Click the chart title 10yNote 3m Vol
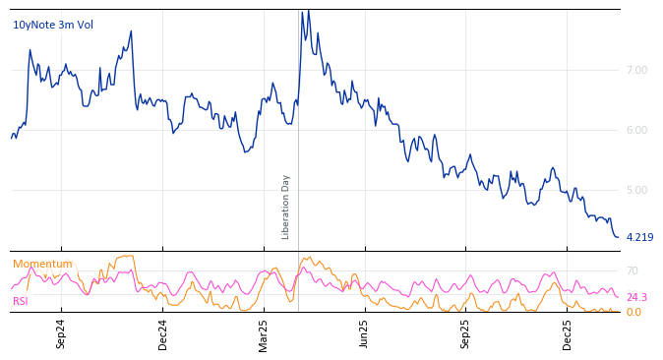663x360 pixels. [53, 25]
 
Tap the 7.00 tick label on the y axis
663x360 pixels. [636, 71]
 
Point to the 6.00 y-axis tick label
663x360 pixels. [636, 131]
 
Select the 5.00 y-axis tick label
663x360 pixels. [636, 190]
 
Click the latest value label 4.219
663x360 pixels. [639, 237]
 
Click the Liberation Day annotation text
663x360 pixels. [286, 207]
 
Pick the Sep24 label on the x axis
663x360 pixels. [61, 333]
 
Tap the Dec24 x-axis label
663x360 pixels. [163, 333]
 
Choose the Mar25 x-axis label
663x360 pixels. [264, 333]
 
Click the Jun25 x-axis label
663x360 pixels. [364, 333]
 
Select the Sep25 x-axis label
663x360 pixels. [466, 333]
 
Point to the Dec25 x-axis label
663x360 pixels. [568, 333]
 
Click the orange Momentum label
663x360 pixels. [42, 264]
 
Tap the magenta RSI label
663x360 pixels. [21, 301]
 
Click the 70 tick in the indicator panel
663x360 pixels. [633, 270]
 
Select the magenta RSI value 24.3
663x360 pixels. [636, 297]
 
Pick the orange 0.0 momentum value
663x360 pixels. [633, 312]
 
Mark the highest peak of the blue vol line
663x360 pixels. [308, 11]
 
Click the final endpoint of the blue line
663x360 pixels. [618, 237]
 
